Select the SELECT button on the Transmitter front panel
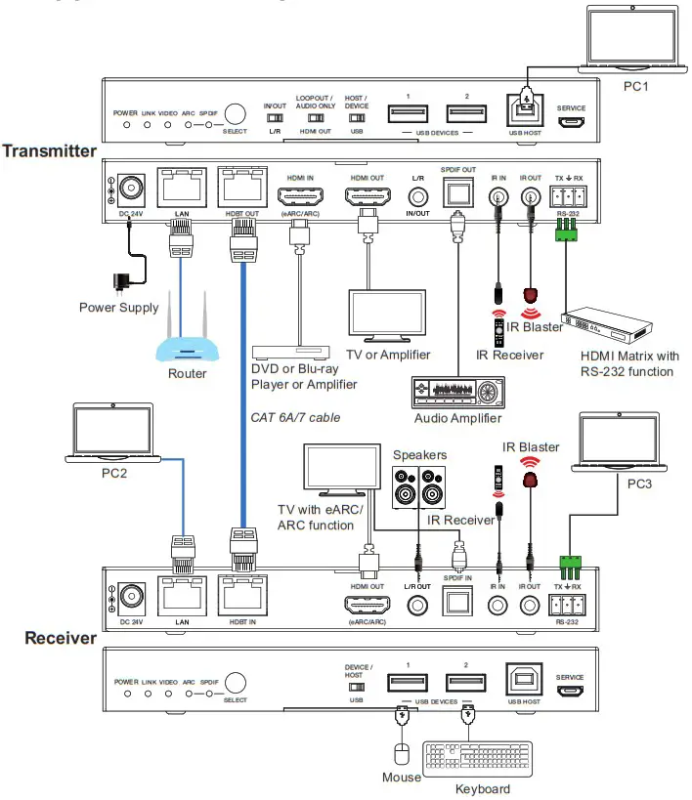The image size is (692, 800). (x=235, y=115)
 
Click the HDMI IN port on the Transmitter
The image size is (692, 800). (x=299, y=196)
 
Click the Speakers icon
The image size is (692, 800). (x=419, y=485)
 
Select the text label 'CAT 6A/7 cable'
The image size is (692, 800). (x=295, y=417)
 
